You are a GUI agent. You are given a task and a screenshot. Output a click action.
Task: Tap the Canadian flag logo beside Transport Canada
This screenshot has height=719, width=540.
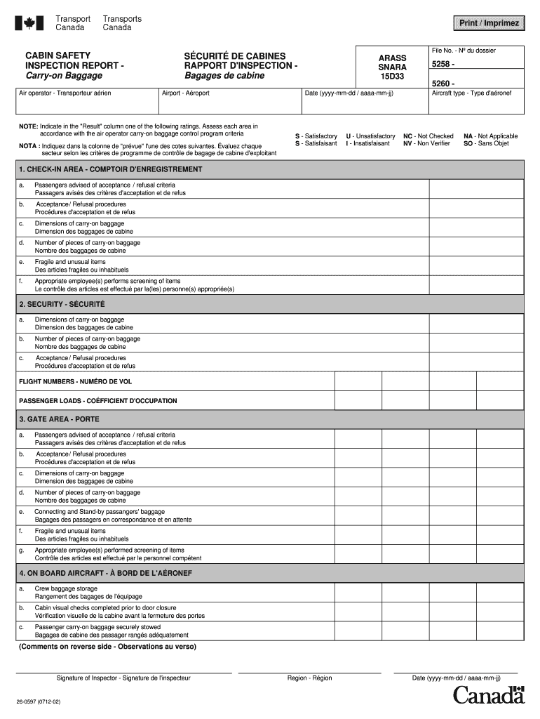point(29,23)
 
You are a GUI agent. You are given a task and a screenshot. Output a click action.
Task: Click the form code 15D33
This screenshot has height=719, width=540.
point(392,77)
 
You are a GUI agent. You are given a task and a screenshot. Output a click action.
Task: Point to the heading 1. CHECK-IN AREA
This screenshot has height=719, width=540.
point(111,169)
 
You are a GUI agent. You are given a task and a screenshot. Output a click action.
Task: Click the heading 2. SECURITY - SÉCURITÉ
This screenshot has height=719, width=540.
point(62,304)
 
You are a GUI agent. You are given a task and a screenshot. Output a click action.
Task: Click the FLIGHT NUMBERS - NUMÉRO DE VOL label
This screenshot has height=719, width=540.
point(75,381)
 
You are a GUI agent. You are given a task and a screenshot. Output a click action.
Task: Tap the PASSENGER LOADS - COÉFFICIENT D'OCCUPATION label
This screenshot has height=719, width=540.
point(97,401)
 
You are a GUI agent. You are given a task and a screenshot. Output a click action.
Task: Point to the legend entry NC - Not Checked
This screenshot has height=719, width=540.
point(428,136)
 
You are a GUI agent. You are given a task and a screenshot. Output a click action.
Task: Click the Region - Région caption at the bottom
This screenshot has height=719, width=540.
point(309,678)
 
